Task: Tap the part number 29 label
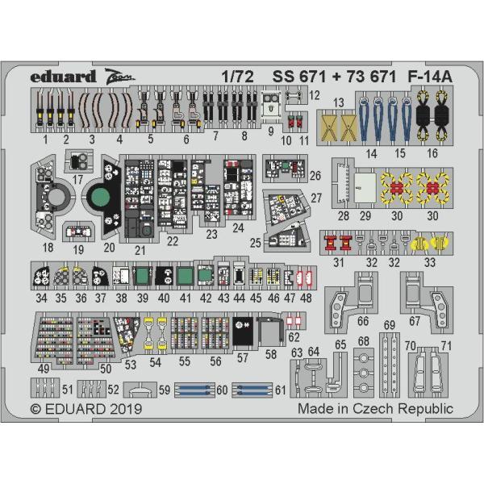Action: (x=365, y=215)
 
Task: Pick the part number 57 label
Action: (x=243, y=357)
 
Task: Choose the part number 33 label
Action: (x=429, y=262)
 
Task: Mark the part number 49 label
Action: (x=46, y=369)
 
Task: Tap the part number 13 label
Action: (x=339, y=102)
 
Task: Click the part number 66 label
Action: (x=363, y=321)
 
